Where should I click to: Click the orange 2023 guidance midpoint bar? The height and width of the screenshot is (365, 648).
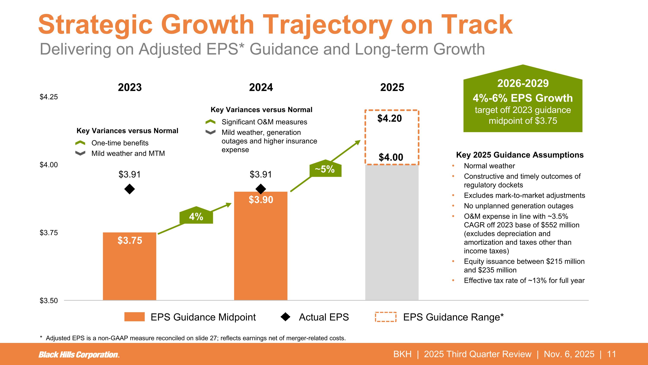click(x=130, y=267)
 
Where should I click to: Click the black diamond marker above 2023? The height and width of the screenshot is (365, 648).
click(x=130, y=189)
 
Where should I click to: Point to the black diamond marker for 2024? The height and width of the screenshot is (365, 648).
click(x=261, y=189)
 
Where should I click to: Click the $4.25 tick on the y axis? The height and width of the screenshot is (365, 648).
click(x=49, y=97)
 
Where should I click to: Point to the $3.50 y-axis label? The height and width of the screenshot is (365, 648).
click(x=49, y=301)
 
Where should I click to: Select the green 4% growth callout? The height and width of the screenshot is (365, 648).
click(x=196, y=216)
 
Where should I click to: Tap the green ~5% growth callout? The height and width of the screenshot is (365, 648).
click(x=325, y=169)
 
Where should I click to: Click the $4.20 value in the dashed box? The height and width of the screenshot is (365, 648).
click(x=389, y=118)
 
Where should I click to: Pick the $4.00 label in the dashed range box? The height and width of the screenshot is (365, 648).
click(x=391, y=157)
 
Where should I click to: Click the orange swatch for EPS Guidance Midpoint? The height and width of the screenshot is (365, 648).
click(x=134, y=317)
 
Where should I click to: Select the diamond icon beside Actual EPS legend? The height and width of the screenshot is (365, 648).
click(x=285, y=317)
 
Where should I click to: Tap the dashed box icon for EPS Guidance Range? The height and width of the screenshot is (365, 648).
click(x=386, y=317)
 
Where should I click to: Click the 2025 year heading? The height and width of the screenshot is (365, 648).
click(x=392, y=87)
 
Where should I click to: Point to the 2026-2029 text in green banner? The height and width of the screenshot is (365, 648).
click(x=523, y=83)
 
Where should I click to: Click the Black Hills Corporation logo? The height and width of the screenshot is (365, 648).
click(x=79, y=355)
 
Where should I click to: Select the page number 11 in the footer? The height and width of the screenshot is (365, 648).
click(x=611, y=354)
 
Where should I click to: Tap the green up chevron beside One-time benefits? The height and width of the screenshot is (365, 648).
click(x=80, y=143)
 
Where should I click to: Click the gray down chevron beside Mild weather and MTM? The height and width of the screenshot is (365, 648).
click(x=80, y=153)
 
